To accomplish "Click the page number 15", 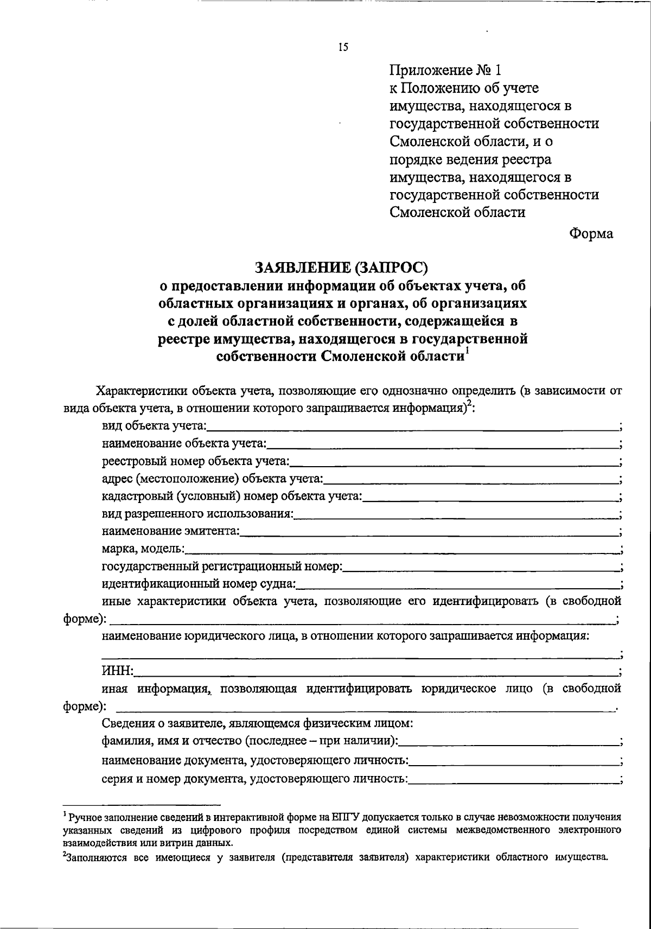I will pyautogui.click(x=342, y=47).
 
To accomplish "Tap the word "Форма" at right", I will pyautogui.click(x=591, y=233).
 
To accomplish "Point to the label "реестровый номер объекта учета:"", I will pyautogui.click(x=196, y=462).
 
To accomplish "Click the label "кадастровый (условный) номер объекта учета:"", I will pyautogui.click(x=232, y=497).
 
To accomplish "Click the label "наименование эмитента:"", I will pyautogui.click(x=171, y=532).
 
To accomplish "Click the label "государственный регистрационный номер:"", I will pyautogui.click(x=222, y=567).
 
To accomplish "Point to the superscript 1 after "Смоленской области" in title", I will pyautogui.click(x=467, y=353).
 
